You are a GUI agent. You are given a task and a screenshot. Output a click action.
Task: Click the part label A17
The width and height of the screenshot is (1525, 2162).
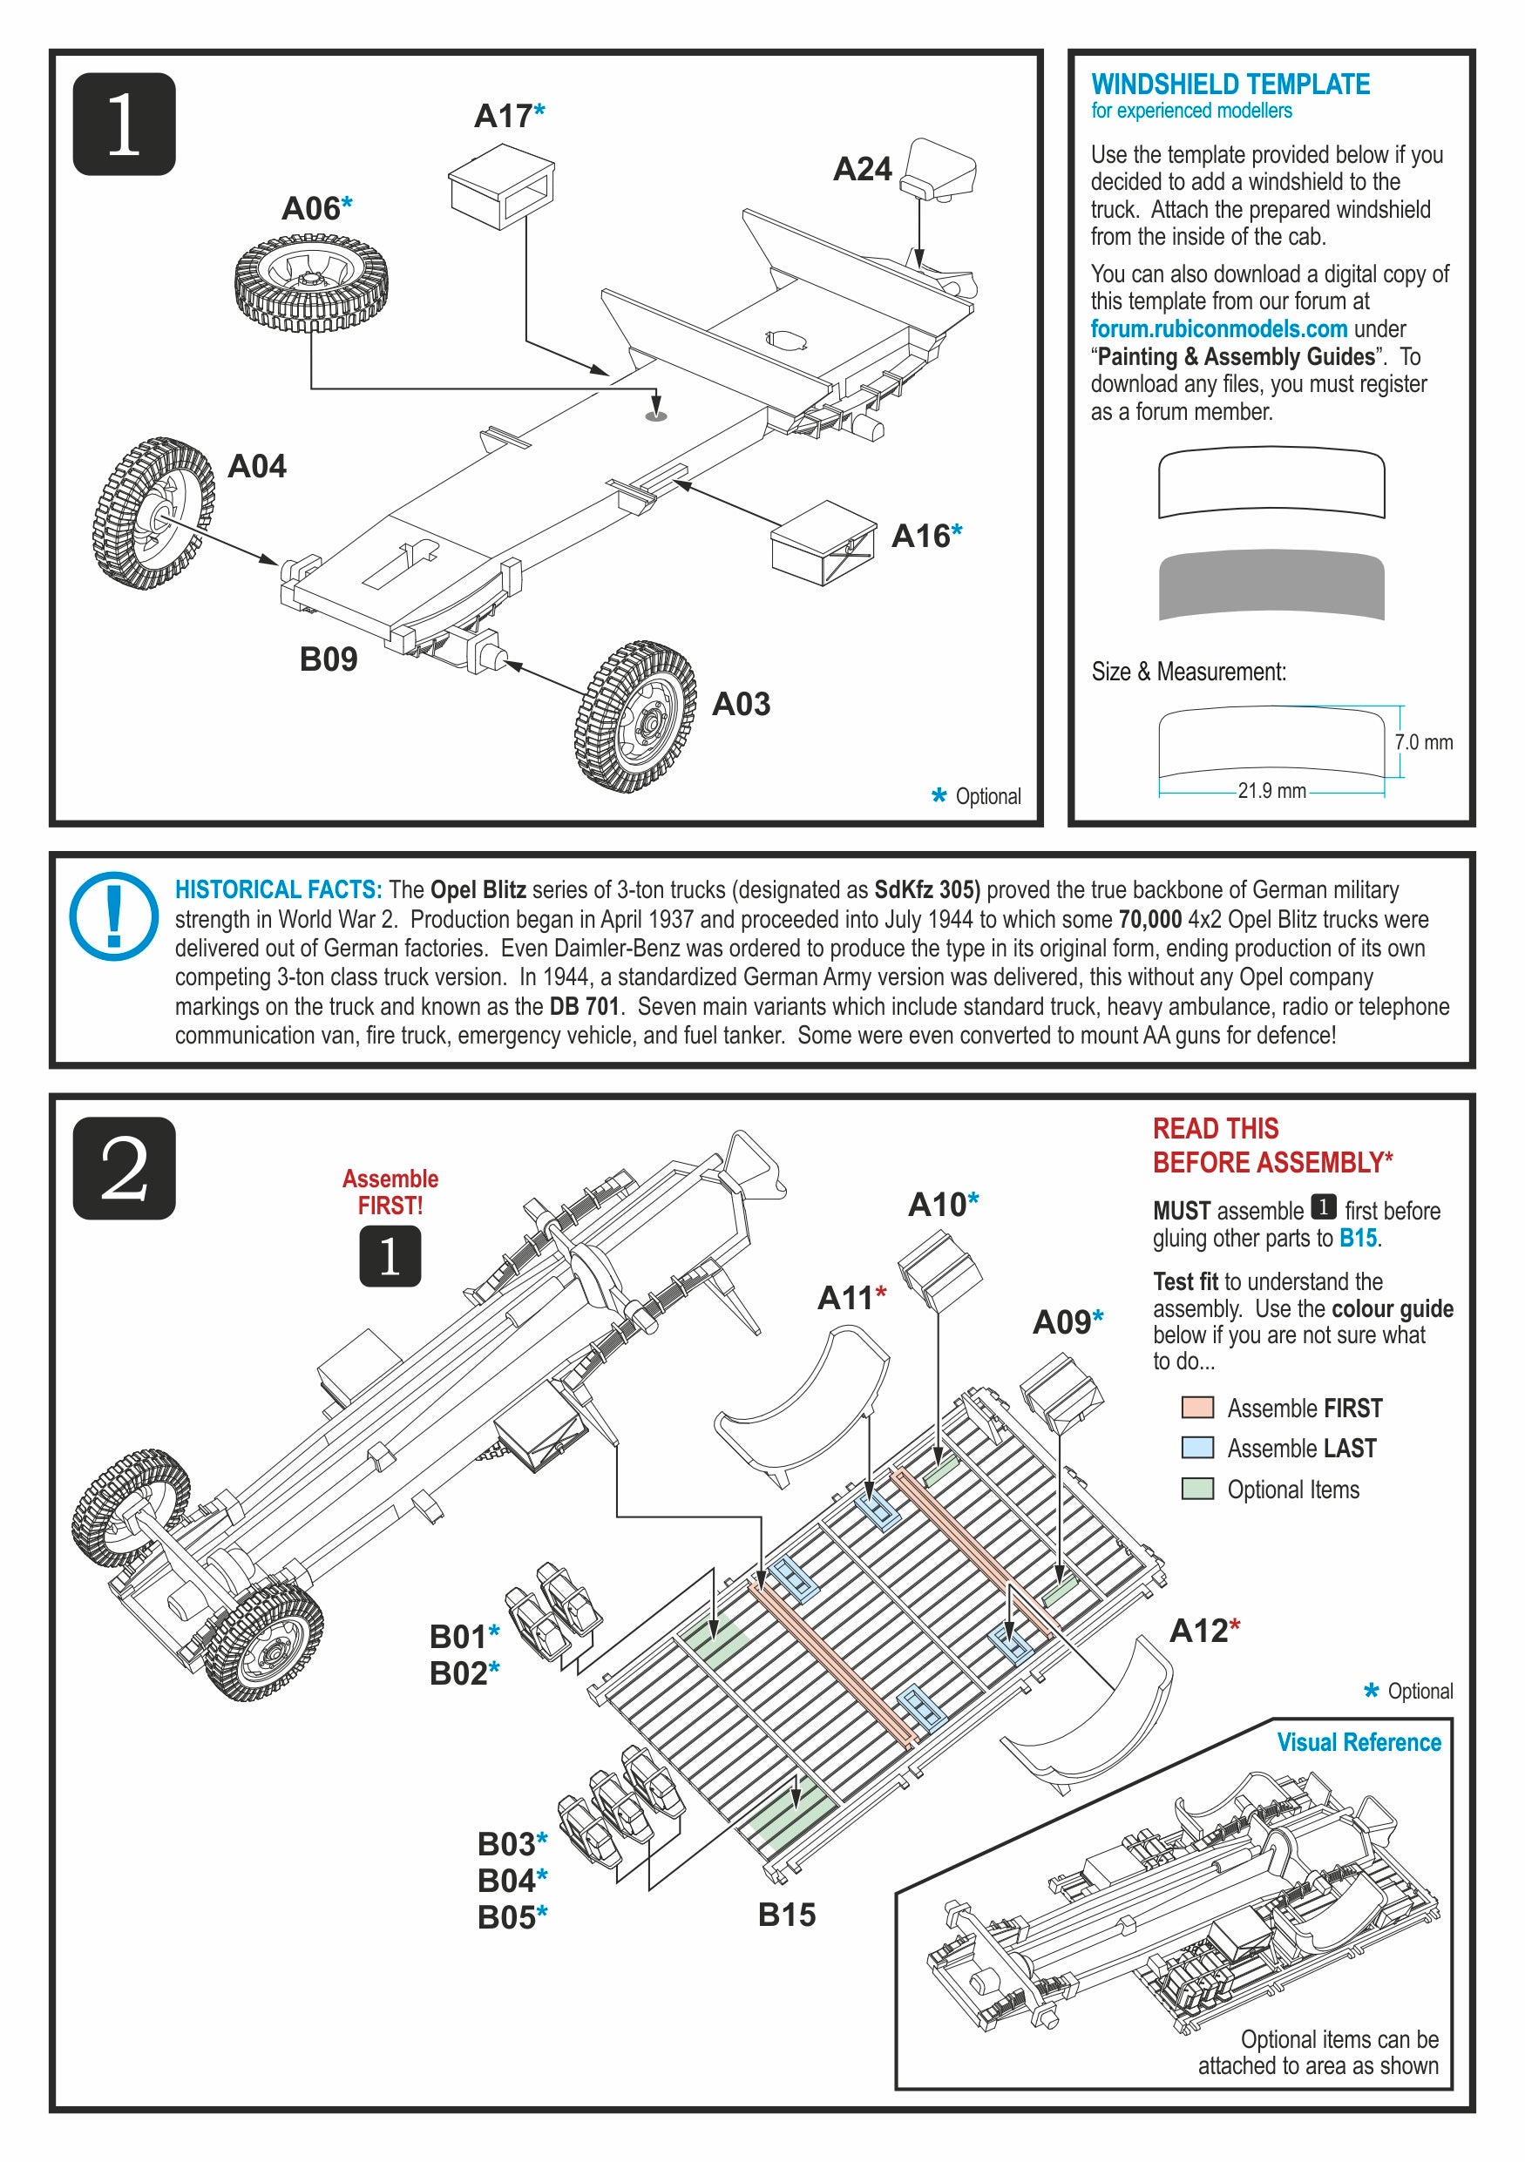click(503, 116)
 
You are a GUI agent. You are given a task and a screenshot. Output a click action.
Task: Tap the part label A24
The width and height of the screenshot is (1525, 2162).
click(862, 170)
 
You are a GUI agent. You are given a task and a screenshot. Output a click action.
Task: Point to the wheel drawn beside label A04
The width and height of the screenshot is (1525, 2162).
click(153, 513)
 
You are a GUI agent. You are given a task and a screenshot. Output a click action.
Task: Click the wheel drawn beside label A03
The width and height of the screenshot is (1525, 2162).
click(636, 717)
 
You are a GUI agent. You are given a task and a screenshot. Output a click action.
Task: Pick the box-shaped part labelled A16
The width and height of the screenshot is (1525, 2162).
click(823, 544)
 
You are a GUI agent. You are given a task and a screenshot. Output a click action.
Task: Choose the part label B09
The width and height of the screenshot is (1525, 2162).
click(328, 659)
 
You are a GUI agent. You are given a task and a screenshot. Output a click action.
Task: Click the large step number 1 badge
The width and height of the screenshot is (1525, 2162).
click(125, 125)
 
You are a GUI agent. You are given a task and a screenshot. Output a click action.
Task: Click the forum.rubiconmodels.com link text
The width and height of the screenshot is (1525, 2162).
click(1218, 328)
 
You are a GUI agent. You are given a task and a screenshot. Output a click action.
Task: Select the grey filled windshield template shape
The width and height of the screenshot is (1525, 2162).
click(1271, 584)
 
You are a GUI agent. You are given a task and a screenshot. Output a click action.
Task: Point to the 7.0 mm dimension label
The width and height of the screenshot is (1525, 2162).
click(1422, 742)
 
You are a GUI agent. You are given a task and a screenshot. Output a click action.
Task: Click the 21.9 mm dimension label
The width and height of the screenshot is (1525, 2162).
click(1271, 791)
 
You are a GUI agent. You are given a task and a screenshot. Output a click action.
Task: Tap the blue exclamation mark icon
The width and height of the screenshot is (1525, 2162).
click(114, 915)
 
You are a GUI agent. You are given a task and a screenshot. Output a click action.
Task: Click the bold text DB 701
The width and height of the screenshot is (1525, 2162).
click(584, 1007)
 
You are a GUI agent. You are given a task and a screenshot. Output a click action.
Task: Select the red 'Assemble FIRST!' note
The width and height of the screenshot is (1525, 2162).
click(390, 1192)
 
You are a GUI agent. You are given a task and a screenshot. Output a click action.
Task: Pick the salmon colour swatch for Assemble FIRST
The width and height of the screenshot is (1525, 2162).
click(1196, 1408)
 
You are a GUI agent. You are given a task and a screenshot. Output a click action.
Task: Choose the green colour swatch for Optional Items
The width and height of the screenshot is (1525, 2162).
click(1196, 1489)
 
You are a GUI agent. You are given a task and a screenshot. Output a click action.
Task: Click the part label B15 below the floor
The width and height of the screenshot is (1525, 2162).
click(787, 1915)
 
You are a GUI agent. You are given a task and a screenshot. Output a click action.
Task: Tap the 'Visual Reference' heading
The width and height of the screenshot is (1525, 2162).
click(1359, 1743)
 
